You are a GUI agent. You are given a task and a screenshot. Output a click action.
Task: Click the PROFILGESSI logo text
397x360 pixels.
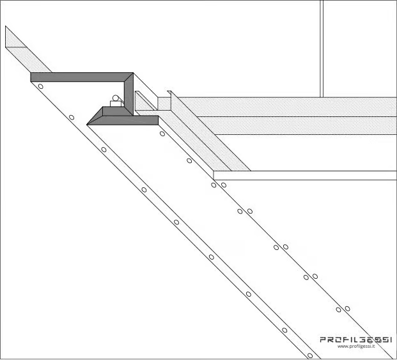(356, 340)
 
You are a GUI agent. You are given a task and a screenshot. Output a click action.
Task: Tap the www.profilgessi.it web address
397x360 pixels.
(356, 347)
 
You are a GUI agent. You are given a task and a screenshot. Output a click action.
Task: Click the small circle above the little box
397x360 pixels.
(116, 98)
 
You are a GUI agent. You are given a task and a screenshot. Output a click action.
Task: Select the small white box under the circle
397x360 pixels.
(116, 104)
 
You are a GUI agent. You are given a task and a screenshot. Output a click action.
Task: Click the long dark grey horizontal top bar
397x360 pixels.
(82, 77)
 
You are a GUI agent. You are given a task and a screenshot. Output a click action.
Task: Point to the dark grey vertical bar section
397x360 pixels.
(128, 94)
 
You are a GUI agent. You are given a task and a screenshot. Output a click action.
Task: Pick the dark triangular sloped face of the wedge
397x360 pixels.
(95, 116)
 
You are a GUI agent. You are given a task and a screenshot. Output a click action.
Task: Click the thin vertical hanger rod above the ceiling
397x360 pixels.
(322, 49)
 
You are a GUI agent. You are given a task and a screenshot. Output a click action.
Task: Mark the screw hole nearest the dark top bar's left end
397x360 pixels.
(40, 86)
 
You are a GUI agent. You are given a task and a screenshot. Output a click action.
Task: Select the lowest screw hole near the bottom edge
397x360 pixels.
(310, 356)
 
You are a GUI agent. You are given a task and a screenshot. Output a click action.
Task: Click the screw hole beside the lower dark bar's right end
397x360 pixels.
(162, 134)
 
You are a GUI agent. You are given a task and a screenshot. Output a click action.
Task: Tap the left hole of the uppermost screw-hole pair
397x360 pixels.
(214, 185)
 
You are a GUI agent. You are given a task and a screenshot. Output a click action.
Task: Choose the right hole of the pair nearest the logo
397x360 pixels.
(347, 309)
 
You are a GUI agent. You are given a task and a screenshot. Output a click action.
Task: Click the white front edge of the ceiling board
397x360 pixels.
(305, 175)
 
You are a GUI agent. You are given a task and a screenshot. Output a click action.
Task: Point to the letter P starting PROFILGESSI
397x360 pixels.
(323, 340)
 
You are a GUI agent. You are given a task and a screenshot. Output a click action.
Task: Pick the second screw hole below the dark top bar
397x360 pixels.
(72, 117)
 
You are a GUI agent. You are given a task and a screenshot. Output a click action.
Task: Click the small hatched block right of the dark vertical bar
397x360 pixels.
(164, 104)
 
